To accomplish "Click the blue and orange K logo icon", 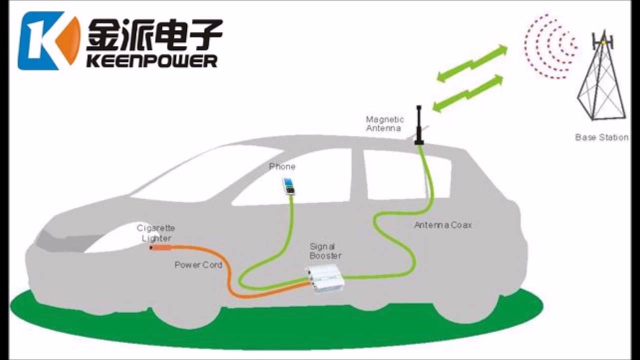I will click(48, 40).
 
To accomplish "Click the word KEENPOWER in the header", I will click(152, 61).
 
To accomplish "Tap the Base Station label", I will click(601, 137).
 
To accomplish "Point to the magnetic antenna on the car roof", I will click(419, 125).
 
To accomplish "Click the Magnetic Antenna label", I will click(384, 123).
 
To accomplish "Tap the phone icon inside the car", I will click(288, 186).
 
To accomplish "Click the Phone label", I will click(282, 166).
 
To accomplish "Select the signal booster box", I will click(325, 278).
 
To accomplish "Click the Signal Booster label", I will click(325, 251).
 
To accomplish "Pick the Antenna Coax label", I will click(442, 225).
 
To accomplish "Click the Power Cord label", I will click(198, 264).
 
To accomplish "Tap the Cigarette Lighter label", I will click(156, 233).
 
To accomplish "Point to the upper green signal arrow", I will click(472, 62).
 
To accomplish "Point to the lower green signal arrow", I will click(467, 93).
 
